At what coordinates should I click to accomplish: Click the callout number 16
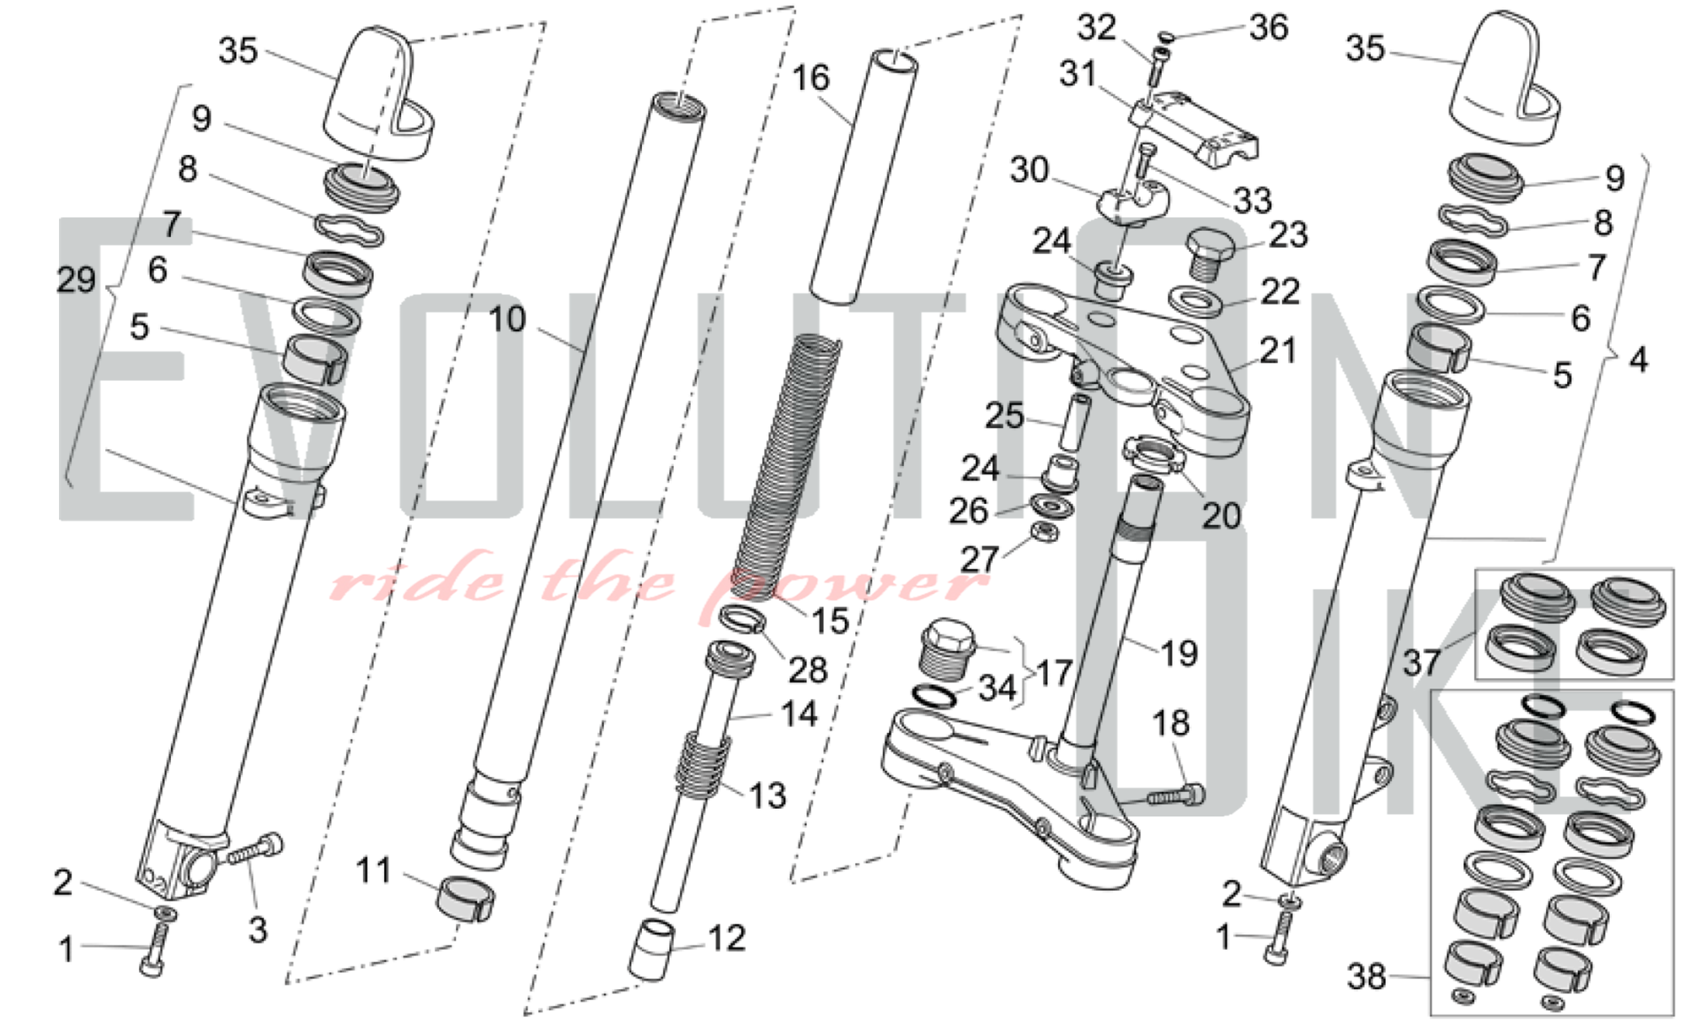tap(810, 78)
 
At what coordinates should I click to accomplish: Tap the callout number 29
tap(76, 280)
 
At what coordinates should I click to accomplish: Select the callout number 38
tap(1367, 977)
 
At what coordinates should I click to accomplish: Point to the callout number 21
tap(1278, 351)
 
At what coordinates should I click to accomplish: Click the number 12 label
tap(726, 938)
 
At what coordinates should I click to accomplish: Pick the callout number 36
tap(1269, 28)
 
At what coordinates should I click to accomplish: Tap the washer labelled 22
tap(1196, 301)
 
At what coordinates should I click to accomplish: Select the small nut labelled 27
tap(1045, 532)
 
